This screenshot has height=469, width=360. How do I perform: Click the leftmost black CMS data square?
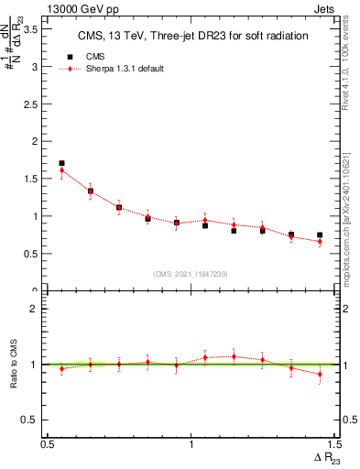pos(61,163)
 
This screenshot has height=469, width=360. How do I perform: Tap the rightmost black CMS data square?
pos(320,235)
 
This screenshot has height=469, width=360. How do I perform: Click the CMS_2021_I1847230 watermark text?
pos(191,272)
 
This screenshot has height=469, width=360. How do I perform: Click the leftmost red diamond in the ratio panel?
pos(61,369)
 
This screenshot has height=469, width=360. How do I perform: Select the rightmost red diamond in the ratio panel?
pos(320,374)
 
